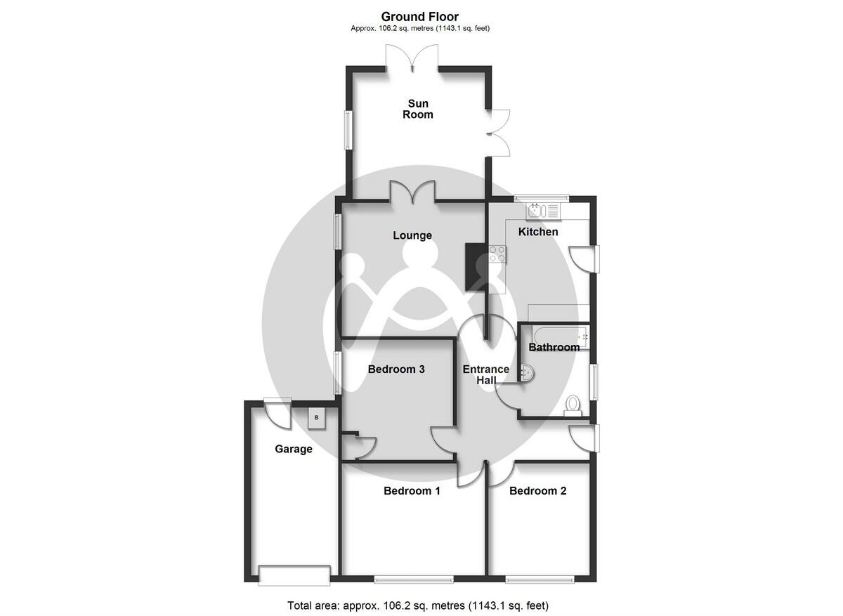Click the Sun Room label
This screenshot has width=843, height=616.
click(418, 110)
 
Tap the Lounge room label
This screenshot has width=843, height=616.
click(412, 235)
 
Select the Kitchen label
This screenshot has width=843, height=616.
click(538, 232)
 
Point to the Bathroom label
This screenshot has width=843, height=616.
click(554, 347)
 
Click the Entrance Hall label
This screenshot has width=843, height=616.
click(485, 375)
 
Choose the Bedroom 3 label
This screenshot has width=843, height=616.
click(396, 369)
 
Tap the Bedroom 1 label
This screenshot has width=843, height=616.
click(412, 491)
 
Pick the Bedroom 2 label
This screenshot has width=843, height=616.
click(537, 491)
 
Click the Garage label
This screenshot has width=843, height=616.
click(293, 449)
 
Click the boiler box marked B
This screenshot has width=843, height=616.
click(316, 418)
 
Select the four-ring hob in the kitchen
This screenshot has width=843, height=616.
click(497, 253)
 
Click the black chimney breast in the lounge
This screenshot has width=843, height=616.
click(475, 266)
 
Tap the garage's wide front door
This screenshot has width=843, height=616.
click(294, 575)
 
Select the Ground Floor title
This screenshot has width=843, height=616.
click(420, 16)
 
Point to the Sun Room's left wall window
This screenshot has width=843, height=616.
click(348, 130)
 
